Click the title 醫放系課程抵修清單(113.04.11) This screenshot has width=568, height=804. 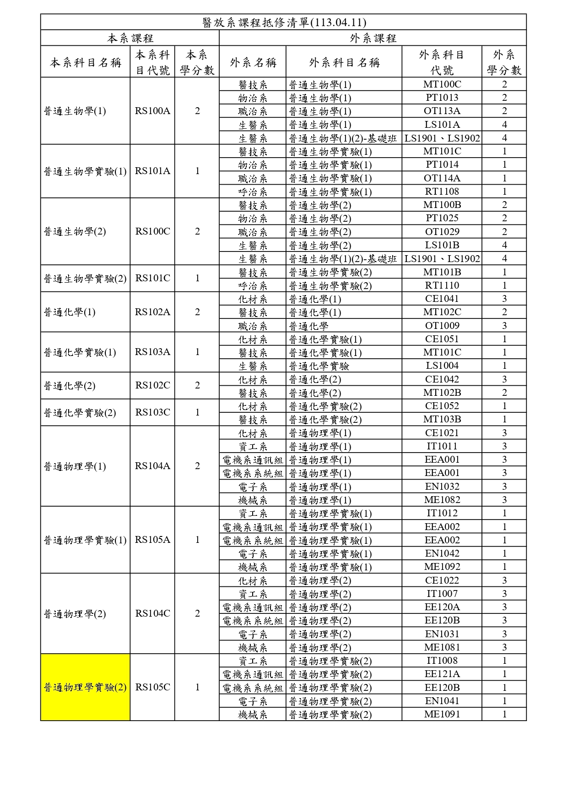[x=284, y=22]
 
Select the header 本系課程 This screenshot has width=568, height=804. [x=130, y=38]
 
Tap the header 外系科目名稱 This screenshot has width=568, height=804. [x=344, y=62]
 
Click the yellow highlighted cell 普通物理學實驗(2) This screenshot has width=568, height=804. [x=85, y=687]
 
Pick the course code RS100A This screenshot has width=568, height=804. [x=152, y=111]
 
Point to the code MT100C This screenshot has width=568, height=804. [x=442, y=84]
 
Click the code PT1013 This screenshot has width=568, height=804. [x=442, y=98]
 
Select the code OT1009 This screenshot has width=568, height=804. [x=442, y=326]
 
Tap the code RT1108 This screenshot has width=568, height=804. [x=442, y=191]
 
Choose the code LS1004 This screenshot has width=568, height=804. [x=442, y=366]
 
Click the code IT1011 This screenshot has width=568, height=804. [x=442, y=446]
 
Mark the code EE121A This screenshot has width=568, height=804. [x=442, y=674]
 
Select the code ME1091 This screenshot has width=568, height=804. [x=442, y=714]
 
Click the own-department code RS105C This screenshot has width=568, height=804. [x=152, y=687]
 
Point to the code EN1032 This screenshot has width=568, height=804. [x=442, y=487]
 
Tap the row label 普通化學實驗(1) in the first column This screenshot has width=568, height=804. [x=80, y=352]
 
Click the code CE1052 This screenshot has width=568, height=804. [x=442, y=406]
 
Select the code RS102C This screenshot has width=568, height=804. [x=152, y=385]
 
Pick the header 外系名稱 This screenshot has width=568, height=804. [x=253, y=62]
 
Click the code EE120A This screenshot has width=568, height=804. [x=442, y=607]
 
